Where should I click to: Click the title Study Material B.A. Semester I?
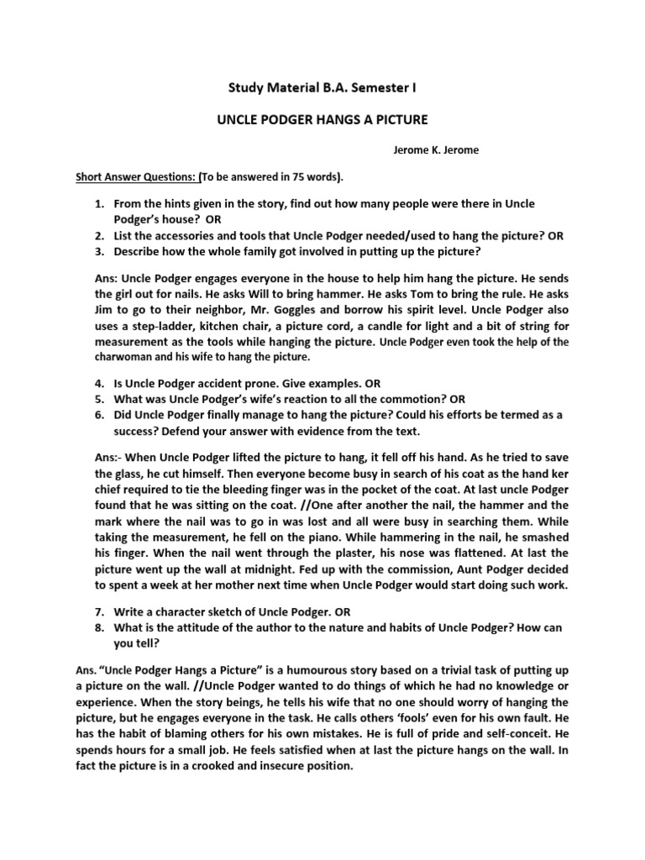click(x=322, y=87)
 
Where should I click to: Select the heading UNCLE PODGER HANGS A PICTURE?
click(x=322, y=120)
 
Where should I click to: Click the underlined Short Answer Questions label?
click(x=137, y=177)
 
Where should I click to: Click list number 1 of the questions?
click(x=97, y=205)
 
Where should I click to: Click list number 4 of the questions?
click(x=97, y=384)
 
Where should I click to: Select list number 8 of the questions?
click(x=97, y=628)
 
